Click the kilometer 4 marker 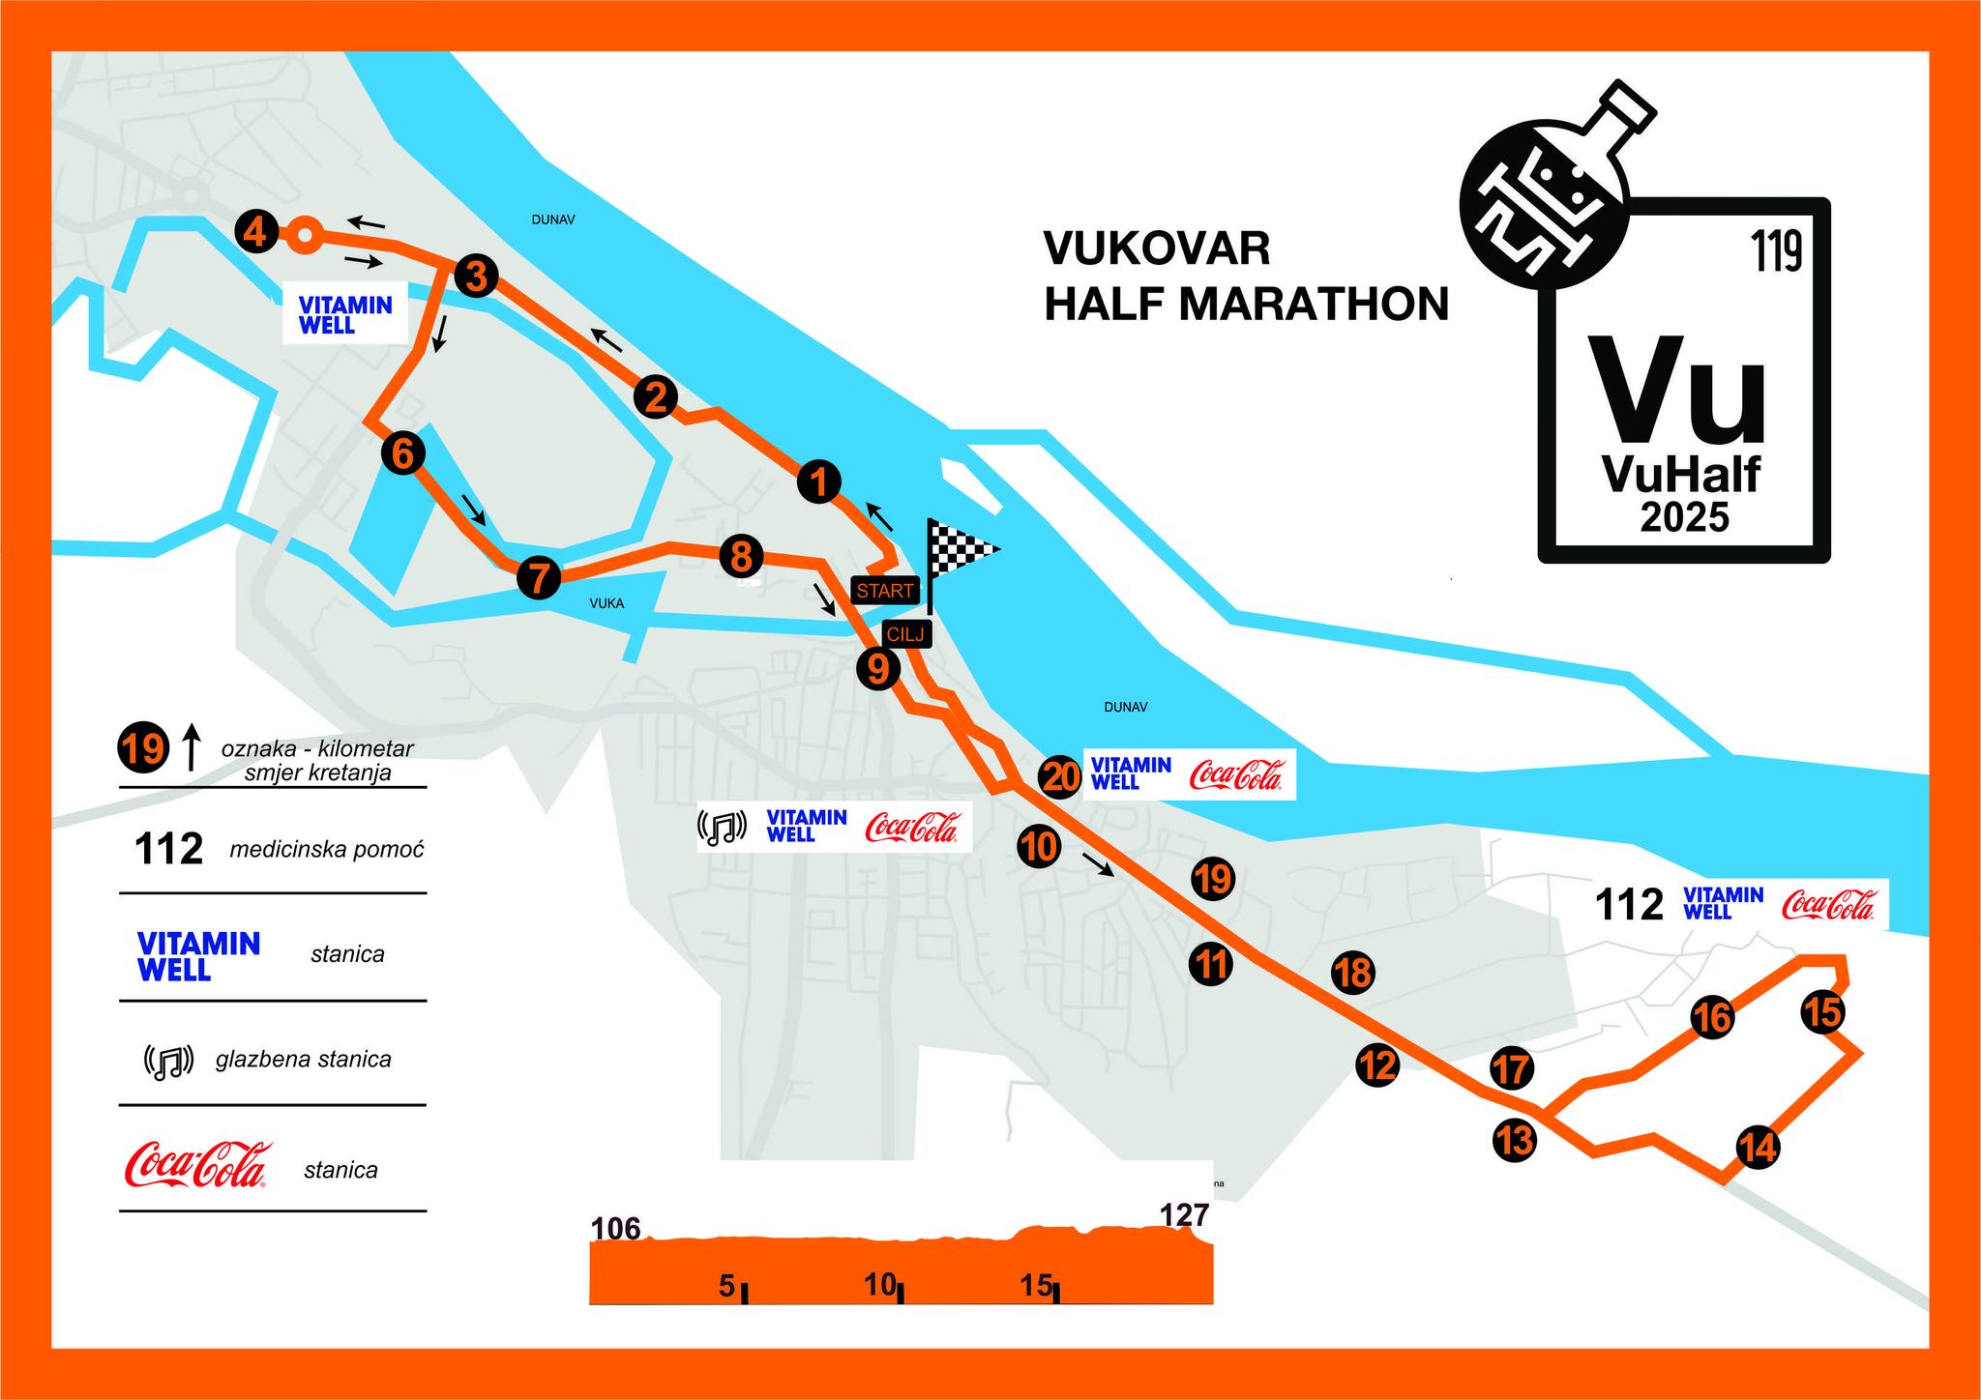[256, 232]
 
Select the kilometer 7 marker [539, 578]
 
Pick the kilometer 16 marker [1712, 1017]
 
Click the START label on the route [884, 590]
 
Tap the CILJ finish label [906, 634]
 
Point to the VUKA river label [606, 603]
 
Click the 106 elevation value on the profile [616, 1228]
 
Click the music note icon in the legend [170, 1061]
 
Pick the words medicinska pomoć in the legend [327, 850]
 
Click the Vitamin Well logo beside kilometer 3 [345, 315]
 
